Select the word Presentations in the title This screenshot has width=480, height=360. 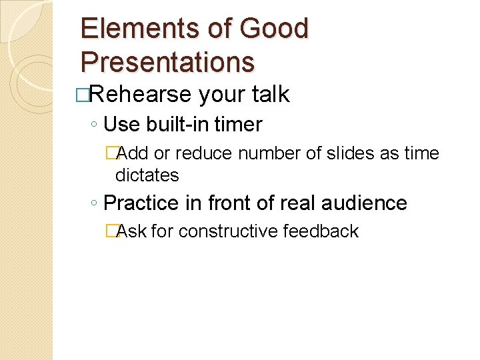pos(167,62)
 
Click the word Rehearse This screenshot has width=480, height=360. pos(140,95)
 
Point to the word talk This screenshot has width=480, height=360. pos(271,95)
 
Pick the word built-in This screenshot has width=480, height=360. pos(174,125)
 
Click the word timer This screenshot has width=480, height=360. pos(238,125)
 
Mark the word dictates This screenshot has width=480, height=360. pos(147,175)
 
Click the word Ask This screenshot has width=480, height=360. pos(132,231)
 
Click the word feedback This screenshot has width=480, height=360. pos(321,231)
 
